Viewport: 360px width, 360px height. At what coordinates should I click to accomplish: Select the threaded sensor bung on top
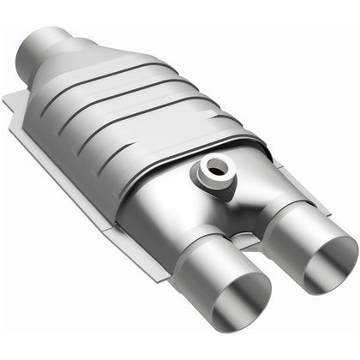coord(212,171)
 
